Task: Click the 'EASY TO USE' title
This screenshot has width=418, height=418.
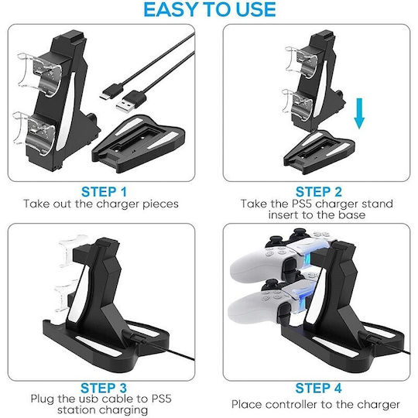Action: (x=210, y=9)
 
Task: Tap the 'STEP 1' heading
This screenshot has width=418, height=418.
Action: (x=104, y=192)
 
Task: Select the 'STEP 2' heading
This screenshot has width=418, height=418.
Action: (x=319, y=192)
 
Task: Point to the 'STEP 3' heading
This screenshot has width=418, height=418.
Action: (x=104, y=388)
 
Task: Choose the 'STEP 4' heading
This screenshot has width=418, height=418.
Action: (x=318, y=388)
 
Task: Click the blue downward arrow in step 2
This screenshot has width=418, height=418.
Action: (x=359, y=113)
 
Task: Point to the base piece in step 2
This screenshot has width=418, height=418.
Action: (x=319, y=152)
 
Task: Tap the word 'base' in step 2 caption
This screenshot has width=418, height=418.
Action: (x=352, y=215)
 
